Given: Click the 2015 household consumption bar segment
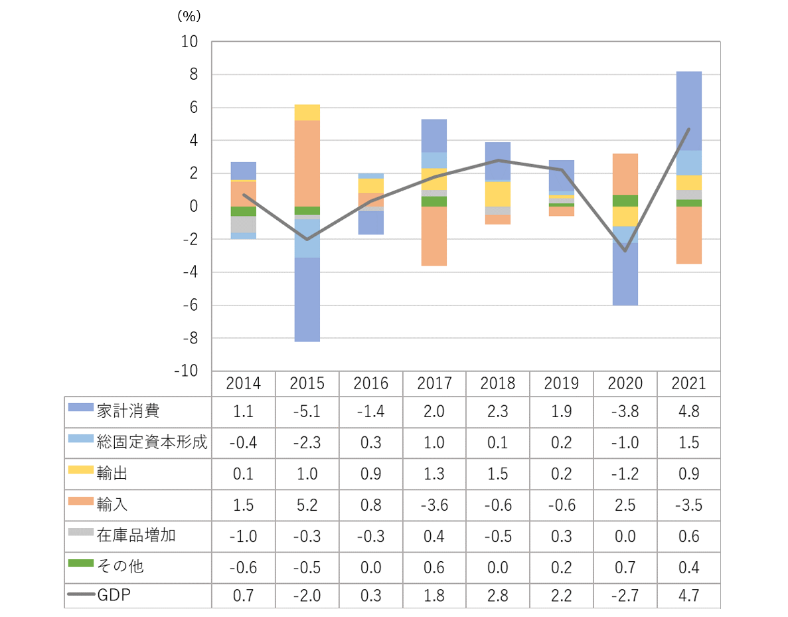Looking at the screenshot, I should pos(307,300).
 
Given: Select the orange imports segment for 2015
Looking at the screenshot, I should pos(307,163).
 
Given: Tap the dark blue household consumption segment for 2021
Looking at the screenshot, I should pos(689,111).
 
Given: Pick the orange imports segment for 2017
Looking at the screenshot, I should pos(434,236).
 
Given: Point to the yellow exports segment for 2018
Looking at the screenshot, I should pos(498,194).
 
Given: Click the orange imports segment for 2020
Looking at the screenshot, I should pos(625,174).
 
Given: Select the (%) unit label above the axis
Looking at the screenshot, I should pos(189,15).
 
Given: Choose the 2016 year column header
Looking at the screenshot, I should pos(370,383).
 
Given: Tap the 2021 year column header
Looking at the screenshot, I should pos(689,383).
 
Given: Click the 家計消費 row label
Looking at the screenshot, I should pos(128,411).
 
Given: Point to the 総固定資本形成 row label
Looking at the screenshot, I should pos(152,442).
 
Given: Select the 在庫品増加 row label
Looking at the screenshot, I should pos(136,535).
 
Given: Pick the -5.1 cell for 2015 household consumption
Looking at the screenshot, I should pos(307,411).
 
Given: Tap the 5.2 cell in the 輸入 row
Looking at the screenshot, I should pos(307,504).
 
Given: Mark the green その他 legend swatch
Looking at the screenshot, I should pos(80,564).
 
